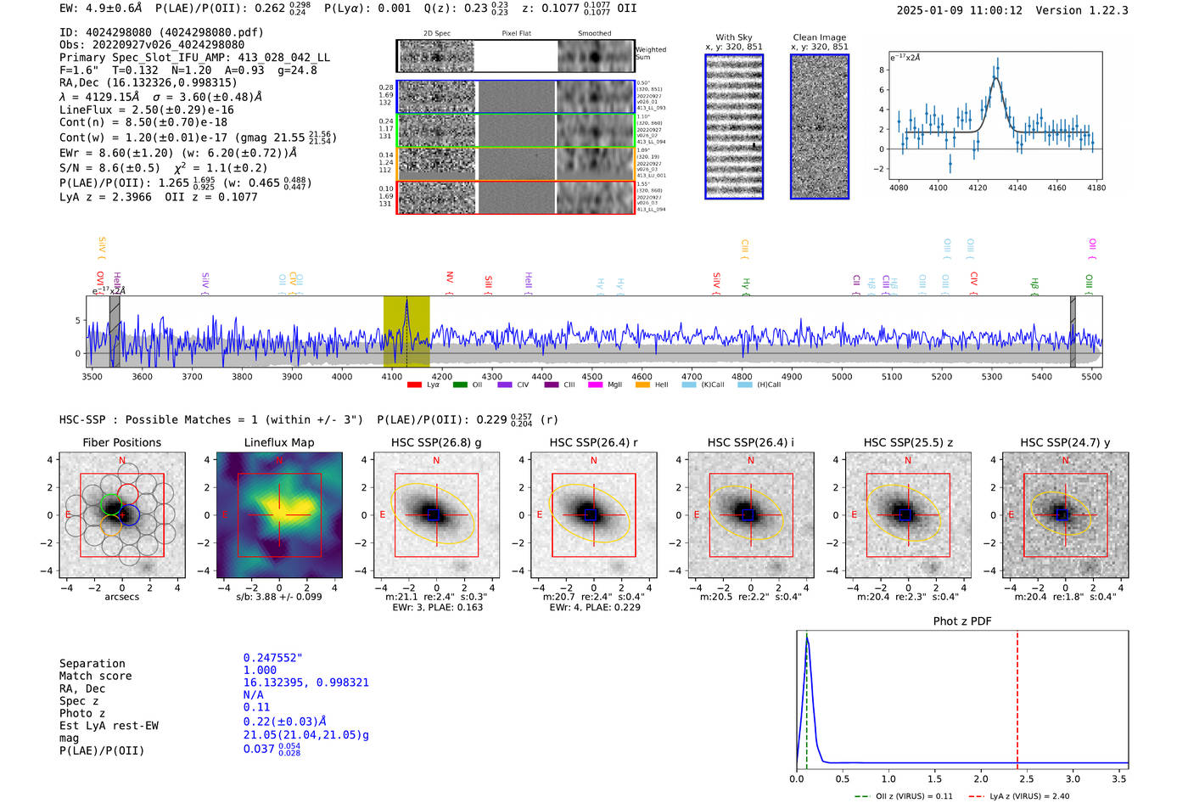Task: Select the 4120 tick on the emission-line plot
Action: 978,188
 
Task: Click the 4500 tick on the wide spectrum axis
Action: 591,376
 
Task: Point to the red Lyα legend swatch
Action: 414,385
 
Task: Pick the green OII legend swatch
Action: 460,385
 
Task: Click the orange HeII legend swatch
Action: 642,385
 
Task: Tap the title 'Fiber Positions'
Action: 121,442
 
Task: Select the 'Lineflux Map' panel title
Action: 279,442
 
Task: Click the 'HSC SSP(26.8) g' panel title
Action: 436,442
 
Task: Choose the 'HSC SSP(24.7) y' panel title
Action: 1065,442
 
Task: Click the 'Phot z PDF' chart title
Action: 962,621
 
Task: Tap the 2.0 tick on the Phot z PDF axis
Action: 981,778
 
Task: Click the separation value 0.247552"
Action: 272,658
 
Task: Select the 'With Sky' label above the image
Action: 734,37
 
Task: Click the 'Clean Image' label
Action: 820,37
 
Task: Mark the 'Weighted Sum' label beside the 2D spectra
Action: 650,53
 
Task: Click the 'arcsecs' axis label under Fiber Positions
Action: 121,597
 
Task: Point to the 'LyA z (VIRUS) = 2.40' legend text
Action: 1029,796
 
